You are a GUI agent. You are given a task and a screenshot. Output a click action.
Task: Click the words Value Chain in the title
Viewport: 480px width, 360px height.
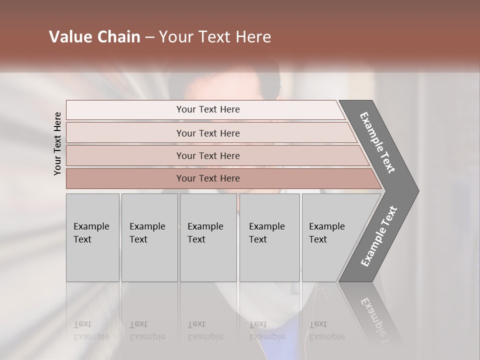point(94,37)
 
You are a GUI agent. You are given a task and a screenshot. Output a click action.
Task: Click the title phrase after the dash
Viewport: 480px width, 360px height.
point(215,37)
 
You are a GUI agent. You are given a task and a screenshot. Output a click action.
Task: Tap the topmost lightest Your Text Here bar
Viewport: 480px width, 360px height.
point(207,109)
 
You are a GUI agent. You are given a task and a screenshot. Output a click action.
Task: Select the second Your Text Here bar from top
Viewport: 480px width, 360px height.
point(207,133)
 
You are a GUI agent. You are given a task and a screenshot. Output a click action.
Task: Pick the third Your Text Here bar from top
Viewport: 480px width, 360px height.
point(207,155)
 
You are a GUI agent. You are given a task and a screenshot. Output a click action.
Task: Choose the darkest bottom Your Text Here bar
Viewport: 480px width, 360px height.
point(207,178)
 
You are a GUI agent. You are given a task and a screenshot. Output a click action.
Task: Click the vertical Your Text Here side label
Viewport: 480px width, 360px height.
point(57,143)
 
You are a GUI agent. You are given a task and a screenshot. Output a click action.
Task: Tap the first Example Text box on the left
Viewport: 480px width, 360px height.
point(92,237)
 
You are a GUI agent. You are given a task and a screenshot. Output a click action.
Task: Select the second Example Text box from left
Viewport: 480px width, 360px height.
point(149,237)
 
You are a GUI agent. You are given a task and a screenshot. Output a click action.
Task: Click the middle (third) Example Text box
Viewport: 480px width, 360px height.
point(207,237)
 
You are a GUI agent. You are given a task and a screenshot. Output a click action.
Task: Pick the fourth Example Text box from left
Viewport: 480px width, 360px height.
point(269,237)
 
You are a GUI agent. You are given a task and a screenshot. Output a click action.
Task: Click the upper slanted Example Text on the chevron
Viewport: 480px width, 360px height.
point(377,142)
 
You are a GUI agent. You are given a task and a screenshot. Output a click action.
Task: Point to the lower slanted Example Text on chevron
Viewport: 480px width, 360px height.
point(379,236)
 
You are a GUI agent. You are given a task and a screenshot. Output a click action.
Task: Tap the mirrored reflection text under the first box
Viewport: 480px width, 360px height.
point(91,330)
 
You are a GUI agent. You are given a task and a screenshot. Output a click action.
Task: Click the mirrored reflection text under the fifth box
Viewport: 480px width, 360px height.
point(326,330)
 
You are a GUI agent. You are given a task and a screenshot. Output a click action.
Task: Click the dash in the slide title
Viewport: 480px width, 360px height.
point(149,37)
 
